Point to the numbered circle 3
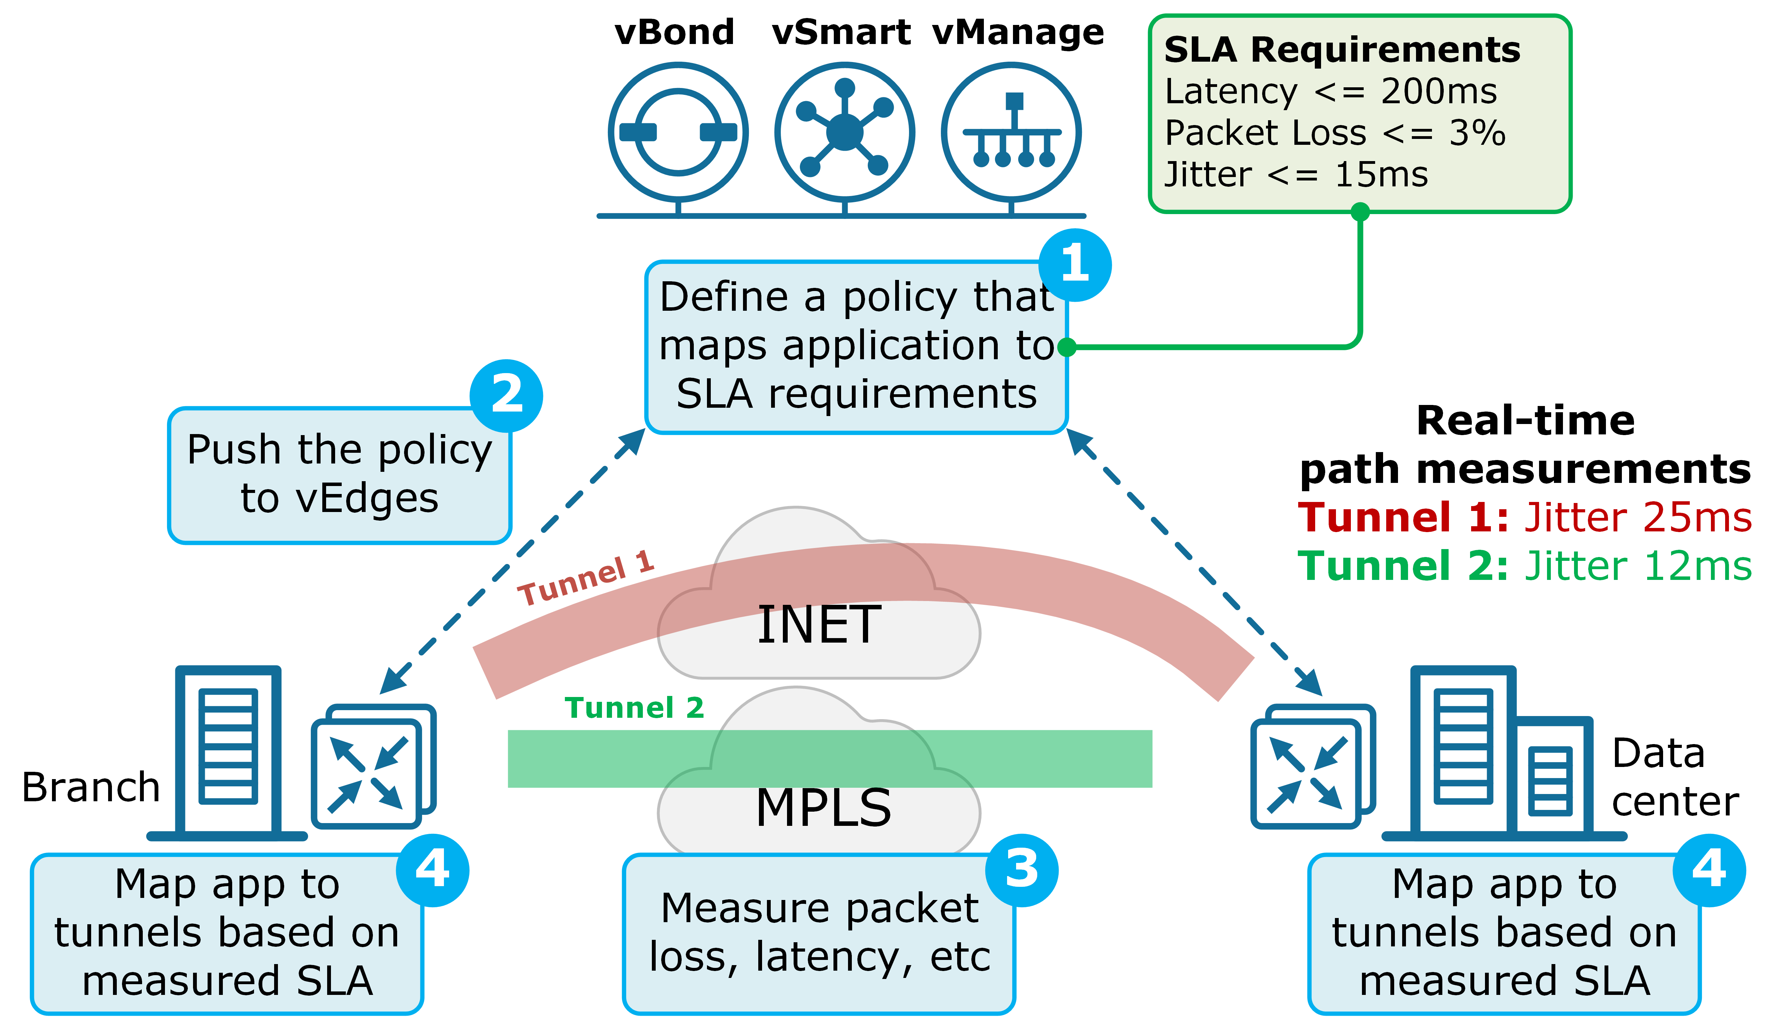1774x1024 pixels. [1021, 870]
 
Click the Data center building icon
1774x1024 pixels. [1502, 752]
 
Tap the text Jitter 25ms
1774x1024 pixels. [1637, 518]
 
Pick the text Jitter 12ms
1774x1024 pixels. [1637, 567]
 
